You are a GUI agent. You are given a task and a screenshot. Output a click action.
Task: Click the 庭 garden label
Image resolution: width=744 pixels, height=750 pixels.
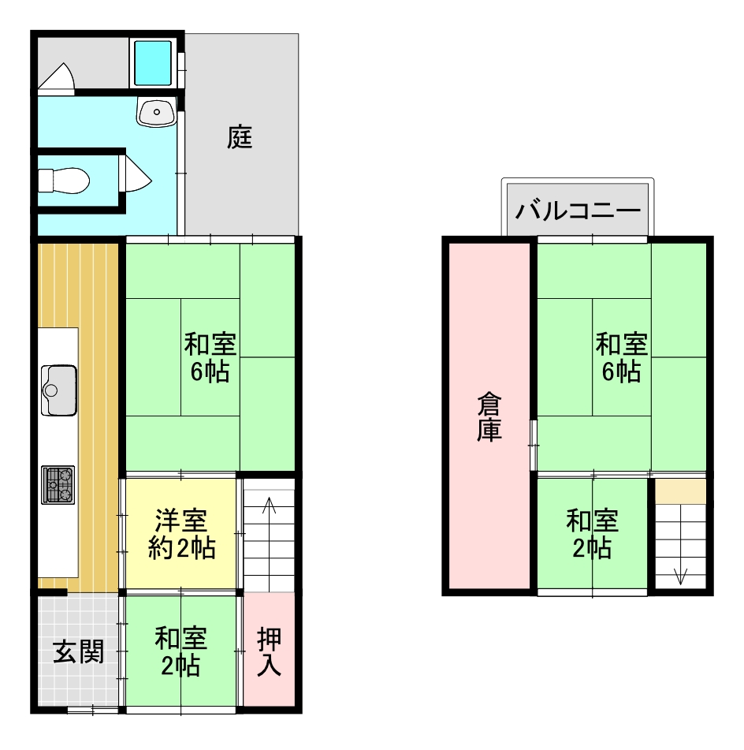[x=240, y=137]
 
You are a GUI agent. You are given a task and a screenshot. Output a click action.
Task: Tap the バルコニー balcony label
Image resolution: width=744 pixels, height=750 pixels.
[x=578, y=210]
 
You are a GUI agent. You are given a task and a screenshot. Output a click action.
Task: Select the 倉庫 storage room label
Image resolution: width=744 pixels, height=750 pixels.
[x=489, y=416]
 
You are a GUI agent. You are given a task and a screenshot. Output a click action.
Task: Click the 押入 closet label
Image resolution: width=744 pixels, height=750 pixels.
[x=269, y=651]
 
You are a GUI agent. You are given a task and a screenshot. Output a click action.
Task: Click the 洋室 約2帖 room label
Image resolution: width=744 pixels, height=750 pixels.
[x=181, y=534]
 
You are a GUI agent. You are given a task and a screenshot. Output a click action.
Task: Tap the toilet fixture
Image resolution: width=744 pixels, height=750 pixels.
[x=64, y=181]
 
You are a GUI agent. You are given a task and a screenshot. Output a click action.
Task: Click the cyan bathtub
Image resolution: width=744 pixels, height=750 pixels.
[x=153, y=62]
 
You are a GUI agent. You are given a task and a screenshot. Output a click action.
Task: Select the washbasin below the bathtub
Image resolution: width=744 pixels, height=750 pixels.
[x=157, y=111]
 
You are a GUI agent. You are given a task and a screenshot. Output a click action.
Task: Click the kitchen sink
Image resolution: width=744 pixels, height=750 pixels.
[x=59, y=390]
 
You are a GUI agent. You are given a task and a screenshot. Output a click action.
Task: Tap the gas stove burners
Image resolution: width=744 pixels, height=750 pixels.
[x=58, y=484]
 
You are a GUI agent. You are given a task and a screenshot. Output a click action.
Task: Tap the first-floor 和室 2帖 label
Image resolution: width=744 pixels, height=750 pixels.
[x=180, y=651]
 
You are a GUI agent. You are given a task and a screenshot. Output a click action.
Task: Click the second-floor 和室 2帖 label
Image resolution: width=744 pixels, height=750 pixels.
[x=593, y=534]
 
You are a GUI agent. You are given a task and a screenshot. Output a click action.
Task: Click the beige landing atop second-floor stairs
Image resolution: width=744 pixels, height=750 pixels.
[x=680, y=491]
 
